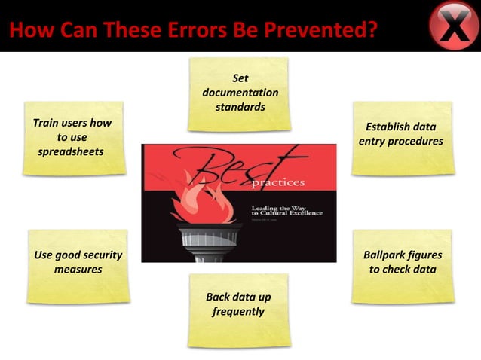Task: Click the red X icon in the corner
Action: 454,27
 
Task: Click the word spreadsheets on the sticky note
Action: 72,151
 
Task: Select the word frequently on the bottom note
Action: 238,311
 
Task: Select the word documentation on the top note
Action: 240,93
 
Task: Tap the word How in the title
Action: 26,32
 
